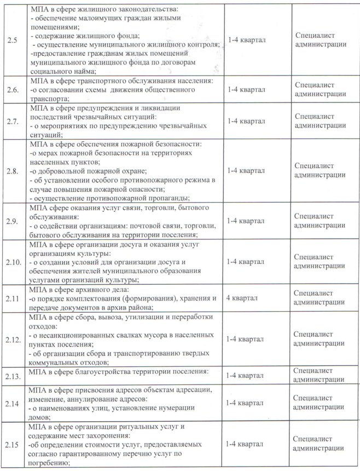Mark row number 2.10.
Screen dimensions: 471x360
(x=14, y=261)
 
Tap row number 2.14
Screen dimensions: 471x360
(x=13, y=403)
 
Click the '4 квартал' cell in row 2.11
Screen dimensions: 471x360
(x=242, y=298)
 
